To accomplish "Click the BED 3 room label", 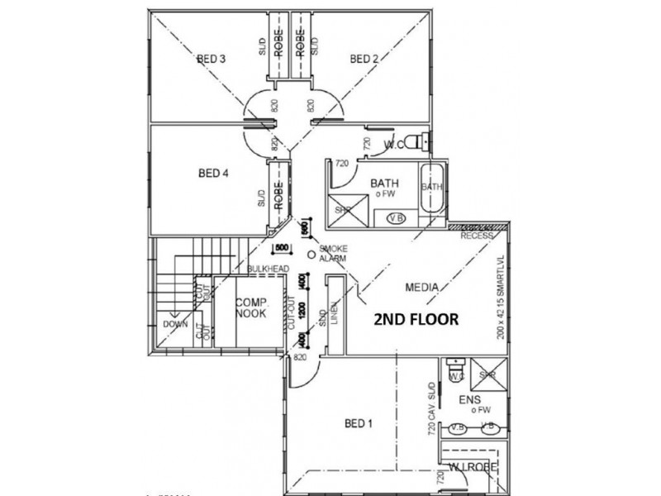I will point(212,59).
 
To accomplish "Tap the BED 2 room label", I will point(364,59).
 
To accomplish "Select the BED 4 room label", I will point(212,174).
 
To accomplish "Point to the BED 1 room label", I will point(359,424).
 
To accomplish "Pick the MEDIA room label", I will point(421,288).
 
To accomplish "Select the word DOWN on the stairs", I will point(175,325).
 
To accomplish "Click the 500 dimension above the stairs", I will point(281,247).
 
